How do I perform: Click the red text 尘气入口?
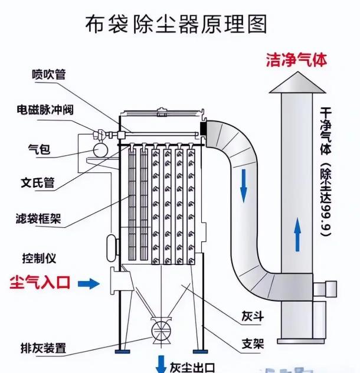[x=40, y=283]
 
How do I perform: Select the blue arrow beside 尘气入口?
[x=89, y=284]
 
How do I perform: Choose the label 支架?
[x=251, y=344]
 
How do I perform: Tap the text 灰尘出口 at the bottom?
[x=192, y=367]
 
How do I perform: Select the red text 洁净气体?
[x=296, y=60]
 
